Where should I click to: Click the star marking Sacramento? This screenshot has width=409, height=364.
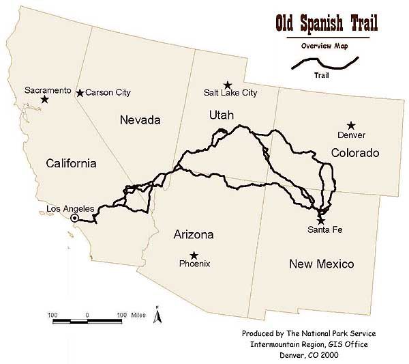click(44, 100)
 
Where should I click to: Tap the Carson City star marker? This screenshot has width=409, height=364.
click(80, 93)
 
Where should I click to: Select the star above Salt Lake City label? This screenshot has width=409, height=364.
click(228, 85)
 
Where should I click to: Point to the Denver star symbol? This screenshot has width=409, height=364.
click(351, 125)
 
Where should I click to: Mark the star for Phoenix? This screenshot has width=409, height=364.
click(194, 255)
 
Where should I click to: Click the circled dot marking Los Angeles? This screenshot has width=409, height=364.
click(75, 218)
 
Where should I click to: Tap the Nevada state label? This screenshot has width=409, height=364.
click(139, 120)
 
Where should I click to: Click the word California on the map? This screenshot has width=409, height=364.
click(71, 163)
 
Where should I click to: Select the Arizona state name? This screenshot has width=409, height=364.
click(194, 235)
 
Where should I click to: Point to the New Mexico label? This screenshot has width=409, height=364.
click(321, 264)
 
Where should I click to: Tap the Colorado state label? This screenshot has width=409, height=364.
click(354, 153)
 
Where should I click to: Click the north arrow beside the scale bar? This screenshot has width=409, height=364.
click(157, 316)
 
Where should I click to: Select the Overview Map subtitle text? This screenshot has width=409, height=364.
click(327, 46)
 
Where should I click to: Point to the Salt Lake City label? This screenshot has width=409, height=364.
click(231, 93)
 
